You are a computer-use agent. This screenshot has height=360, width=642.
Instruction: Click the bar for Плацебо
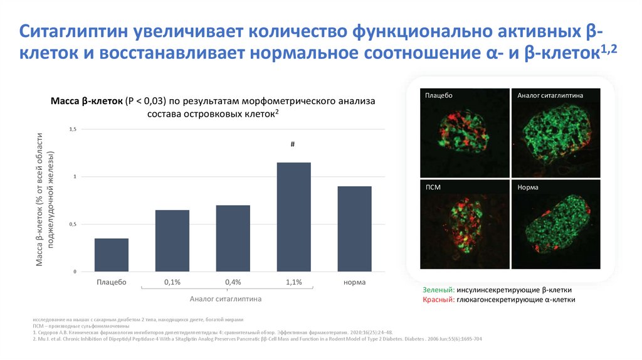click(112, 255)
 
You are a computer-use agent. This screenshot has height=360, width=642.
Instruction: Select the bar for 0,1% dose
click(172, 241)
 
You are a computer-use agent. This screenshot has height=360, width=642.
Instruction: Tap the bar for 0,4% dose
click(233, 238)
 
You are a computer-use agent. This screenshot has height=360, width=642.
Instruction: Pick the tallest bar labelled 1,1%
click(293, 217)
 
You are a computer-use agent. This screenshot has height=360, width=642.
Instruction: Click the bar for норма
click(354, 229)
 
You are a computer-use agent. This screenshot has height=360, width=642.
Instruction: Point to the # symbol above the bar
click(293, 144)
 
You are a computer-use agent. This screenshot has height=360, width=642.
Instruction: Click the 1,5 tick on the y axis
click(72, 129)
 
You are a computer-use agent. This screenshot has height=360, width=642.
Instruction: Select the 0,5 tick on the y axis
click(72, 224)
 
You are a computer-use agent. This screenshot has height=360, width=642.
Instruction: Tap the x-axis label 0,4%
click(233, 283)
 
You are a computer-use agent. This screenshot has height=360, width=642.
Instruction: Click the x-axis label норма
click(354, 283)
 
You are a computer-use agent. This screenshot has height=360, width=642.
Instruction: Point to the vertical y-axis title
click(46, 200)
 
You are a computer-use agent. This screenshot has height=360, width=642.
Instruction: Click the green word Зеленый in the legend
click(438, 290)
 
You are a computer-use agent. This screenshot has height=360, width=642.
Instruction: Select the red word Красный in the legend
click(438, 300)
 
